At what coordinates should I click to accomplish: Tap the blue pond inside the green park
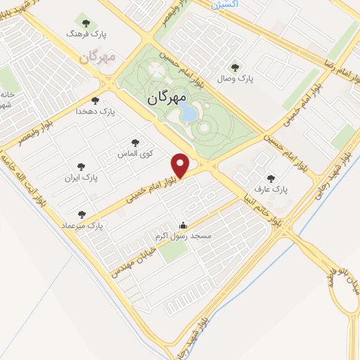(x=188, y=112)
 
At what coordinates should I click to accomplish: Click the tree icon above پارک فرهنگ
(x=86, y=22)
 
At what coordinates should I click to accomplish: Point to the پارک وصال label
(x=236, y=79)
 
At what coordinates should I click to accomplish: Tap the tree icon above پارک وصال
(x=235, y=67)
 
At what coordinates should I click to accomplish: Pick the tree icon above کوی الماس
(x=135, y=143)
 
